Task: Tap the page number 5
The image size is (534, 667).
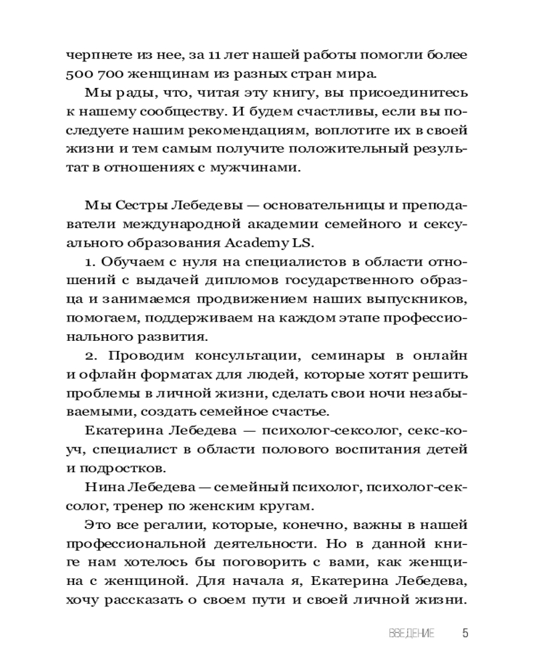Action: point(465,634)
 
